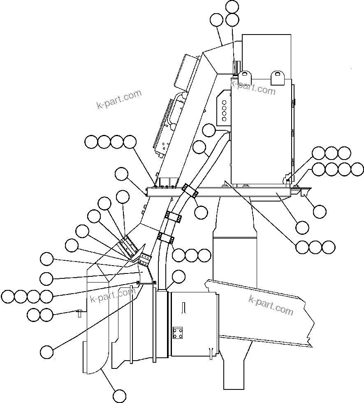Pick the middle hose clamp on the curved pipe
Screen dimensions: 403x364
tap(173, 216)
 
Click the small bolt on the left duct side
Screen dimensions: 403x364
tap(79, 313)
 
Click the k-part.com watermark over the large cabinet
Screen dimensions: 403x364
tap(253, 87)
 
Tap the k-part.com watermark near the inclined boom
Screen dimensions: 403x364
tap(271, 304)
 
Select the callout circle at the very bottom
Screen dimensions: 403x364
tap(119, 396)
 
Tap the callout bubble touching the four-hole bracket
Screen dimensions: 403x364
tap(209, 130)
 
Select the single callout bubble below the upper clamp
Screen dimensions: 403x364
tap(201, 212)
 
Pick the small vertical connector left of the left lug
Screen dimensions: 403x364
tap(236, 68)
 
